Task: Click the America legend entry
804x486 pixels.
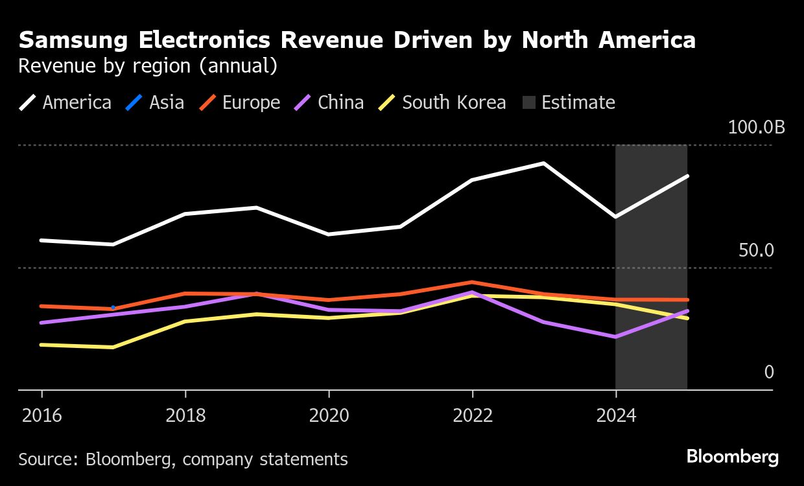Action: [65, 102]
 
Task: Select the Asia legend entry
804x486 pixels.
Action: [156, 102]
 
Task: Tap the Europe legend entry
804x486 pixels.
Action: [239, 102]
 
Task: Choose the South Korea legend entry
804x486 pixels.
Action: [443, 102]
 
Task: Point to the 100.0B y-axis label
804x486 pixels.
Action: [756, 127]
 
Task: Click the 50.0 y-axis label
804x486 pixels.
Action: [756, 250]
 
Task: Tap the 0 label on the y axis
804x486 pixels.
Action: [769, 372]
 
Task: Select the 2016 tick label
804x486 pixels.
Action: [42, 415]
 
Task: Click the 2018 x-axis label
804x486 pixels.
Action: [185, 415]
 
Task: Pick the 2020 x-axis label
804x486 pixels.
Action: [329, 415]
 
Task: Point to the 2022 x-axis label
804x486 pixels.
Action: [472, 415]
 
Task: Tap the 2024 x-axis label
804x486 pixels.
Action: [615, 415]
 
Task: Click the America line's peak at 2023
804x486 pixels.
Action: [543, 163]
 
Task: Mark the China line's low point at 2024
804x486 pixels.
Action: [615, 337]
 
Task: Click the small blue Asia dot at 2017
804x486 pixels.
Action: [113, 307]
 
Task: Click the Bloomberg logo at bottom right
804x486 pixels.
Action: [733, 457]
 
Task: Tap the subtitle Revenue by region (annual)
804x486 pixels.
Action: [148, 66]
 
